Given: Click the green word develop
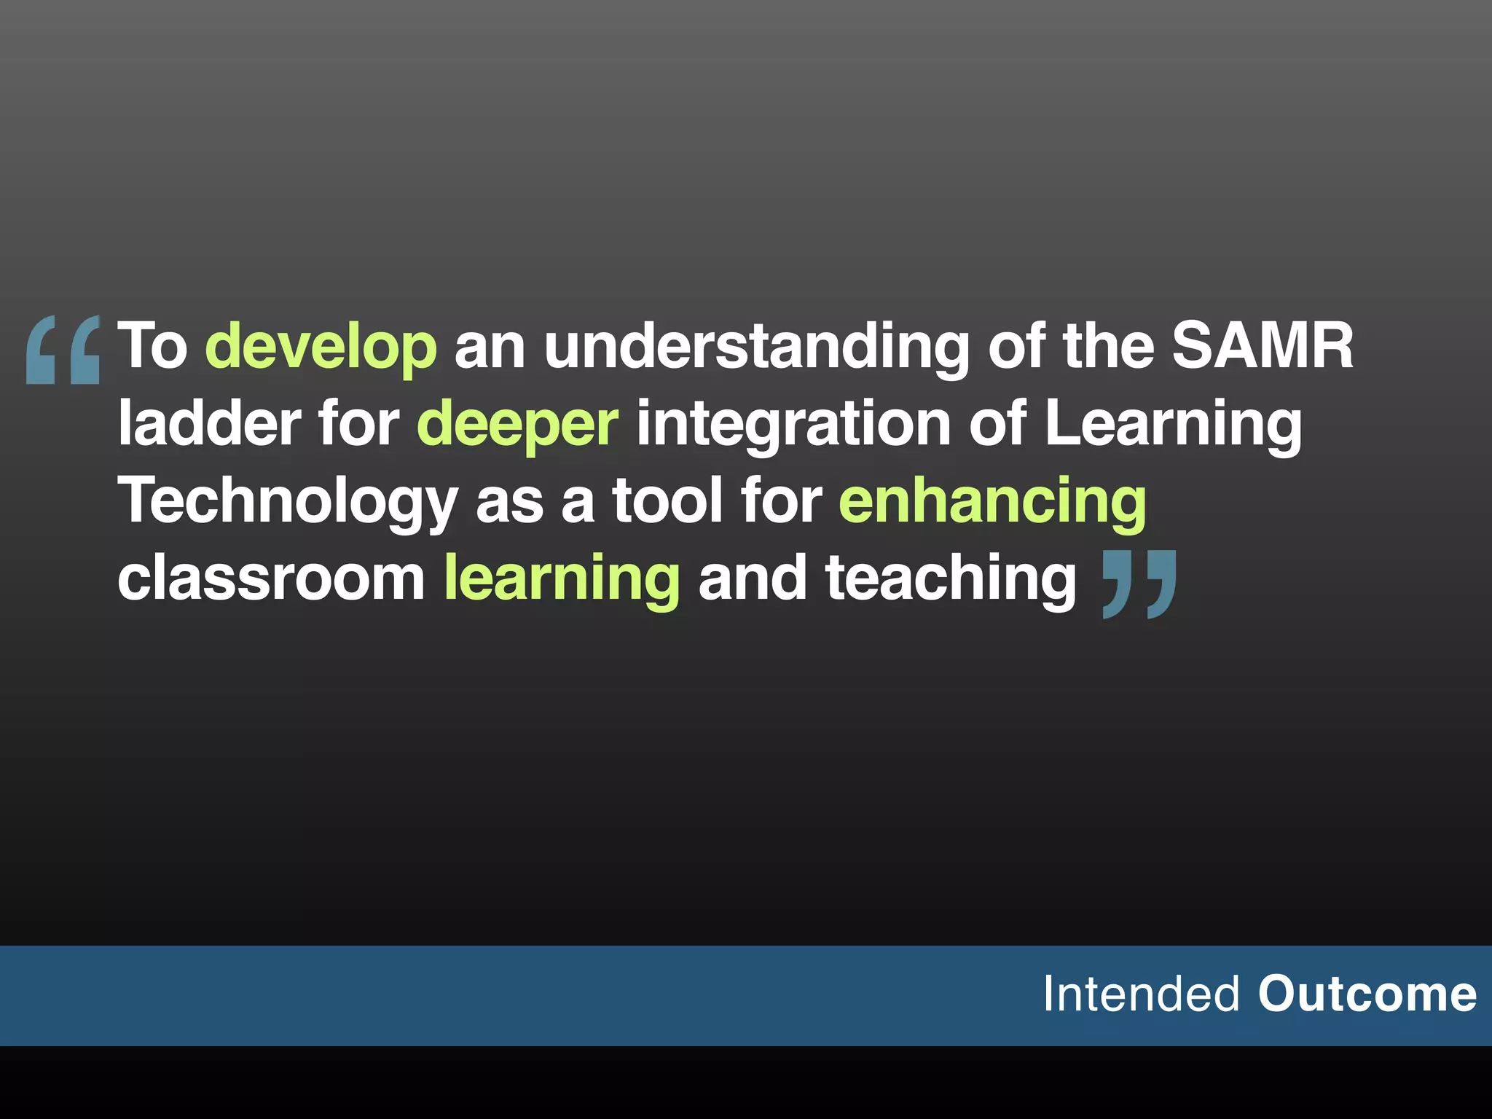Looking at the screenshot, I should point(321,347).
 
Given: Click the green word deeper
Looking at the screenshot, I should point(517,425).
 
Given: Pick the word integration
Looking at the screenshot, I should point(793,425).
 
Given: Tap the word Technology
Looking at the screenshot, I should point(288,501).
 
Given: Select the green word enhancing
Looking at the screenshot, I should point(992,501).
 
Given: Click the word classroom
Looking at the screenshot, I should point(271,578).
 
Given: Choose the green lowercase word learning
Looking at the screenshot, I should point(562,580).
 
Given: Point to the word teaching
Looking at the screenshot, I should point(950,580).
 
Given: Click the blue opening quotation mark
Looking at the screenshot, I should point(63,349).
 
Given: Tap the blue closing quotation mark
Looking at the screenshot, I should point(1139,584).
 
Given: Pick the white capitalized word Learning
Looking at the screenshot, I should point(1173,425).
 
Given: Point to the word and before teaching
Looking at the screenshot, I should point(752,578).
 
